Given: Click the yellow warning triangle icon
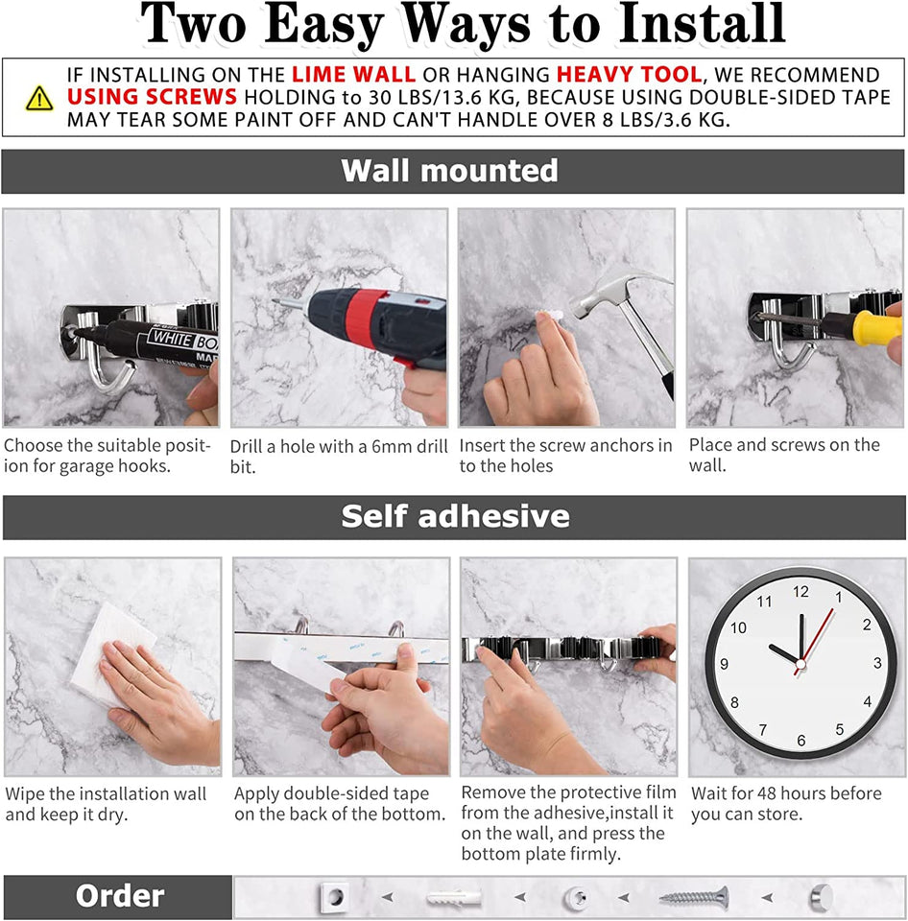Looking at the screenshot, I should coord(39,98).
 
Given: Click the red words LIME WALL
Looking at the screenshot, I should coord(353,75).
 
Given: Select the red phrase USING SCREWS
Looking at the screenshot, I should coord(152,98).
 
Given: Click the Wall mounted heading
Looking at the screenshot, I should coord(449,171).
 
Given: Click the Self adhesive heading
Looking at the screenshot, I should coord(455,517).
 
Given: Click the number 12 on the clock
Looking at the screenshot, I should coord(800,592).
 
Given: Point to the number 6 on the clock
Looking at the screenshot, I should coord(800,741).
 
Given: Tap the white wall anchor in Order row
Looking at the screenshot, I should coord(453,898).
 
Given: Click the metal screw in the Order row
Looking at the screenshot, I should coord(693,898).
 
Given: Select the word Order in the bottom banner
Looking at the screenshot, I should coord(119,897).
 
